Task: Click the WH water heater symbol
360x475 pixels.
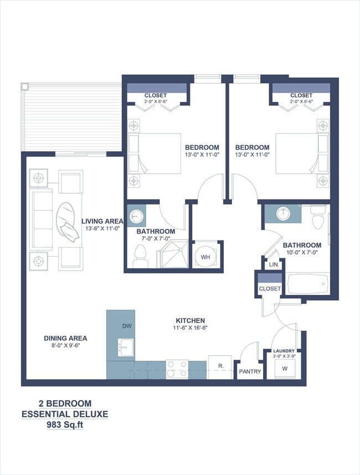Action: pyautogui.click(x=205, y=257)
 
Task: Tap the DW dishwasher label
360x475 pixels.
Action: pyautogui.click(x=127, y=326)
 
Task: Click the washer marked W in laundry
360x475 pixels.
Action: pyautogui.click(x=285, y=368)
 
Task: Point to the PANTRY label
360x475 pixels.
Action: pyautogui.click(x=249, y=371)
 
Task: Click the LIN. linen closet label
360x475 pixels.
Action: pyautogui.click(x=274, y=265)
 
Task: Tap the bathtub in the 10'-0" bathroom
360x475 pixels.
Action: pyautogui.click(x=307, y=284)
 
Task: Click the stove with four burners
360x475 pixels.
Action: pyautogui.click(x=177, y=369)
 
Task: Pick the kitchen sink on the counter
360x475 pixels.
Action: pyautogui.click(x=125, y=348)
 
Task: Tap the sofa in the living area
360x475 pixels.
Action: pyautogui.click(x=42, y=219)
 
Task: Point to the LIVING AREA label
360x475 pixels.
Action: pyautogui.click(x=102, y=221)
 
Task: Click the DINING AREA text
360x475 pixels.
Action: pyautogui.click(x=65, y=338)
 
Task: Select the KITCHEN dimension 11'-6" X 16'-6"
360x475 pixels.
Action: pyautogui.click(x=191, y=328)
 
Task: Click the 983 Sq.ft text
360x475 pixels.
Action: pyautogui.click(x=65, y=425)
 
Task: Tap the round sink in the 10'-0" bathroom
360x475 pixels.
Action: pyautogui.click(x=284, y=213)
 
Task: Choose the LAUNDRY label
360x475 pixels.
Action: pyautogui.click(x=283, y=351)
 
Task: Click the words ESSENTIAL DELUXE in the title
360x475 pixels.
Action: pyautogui.click(x=65, y=414)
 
